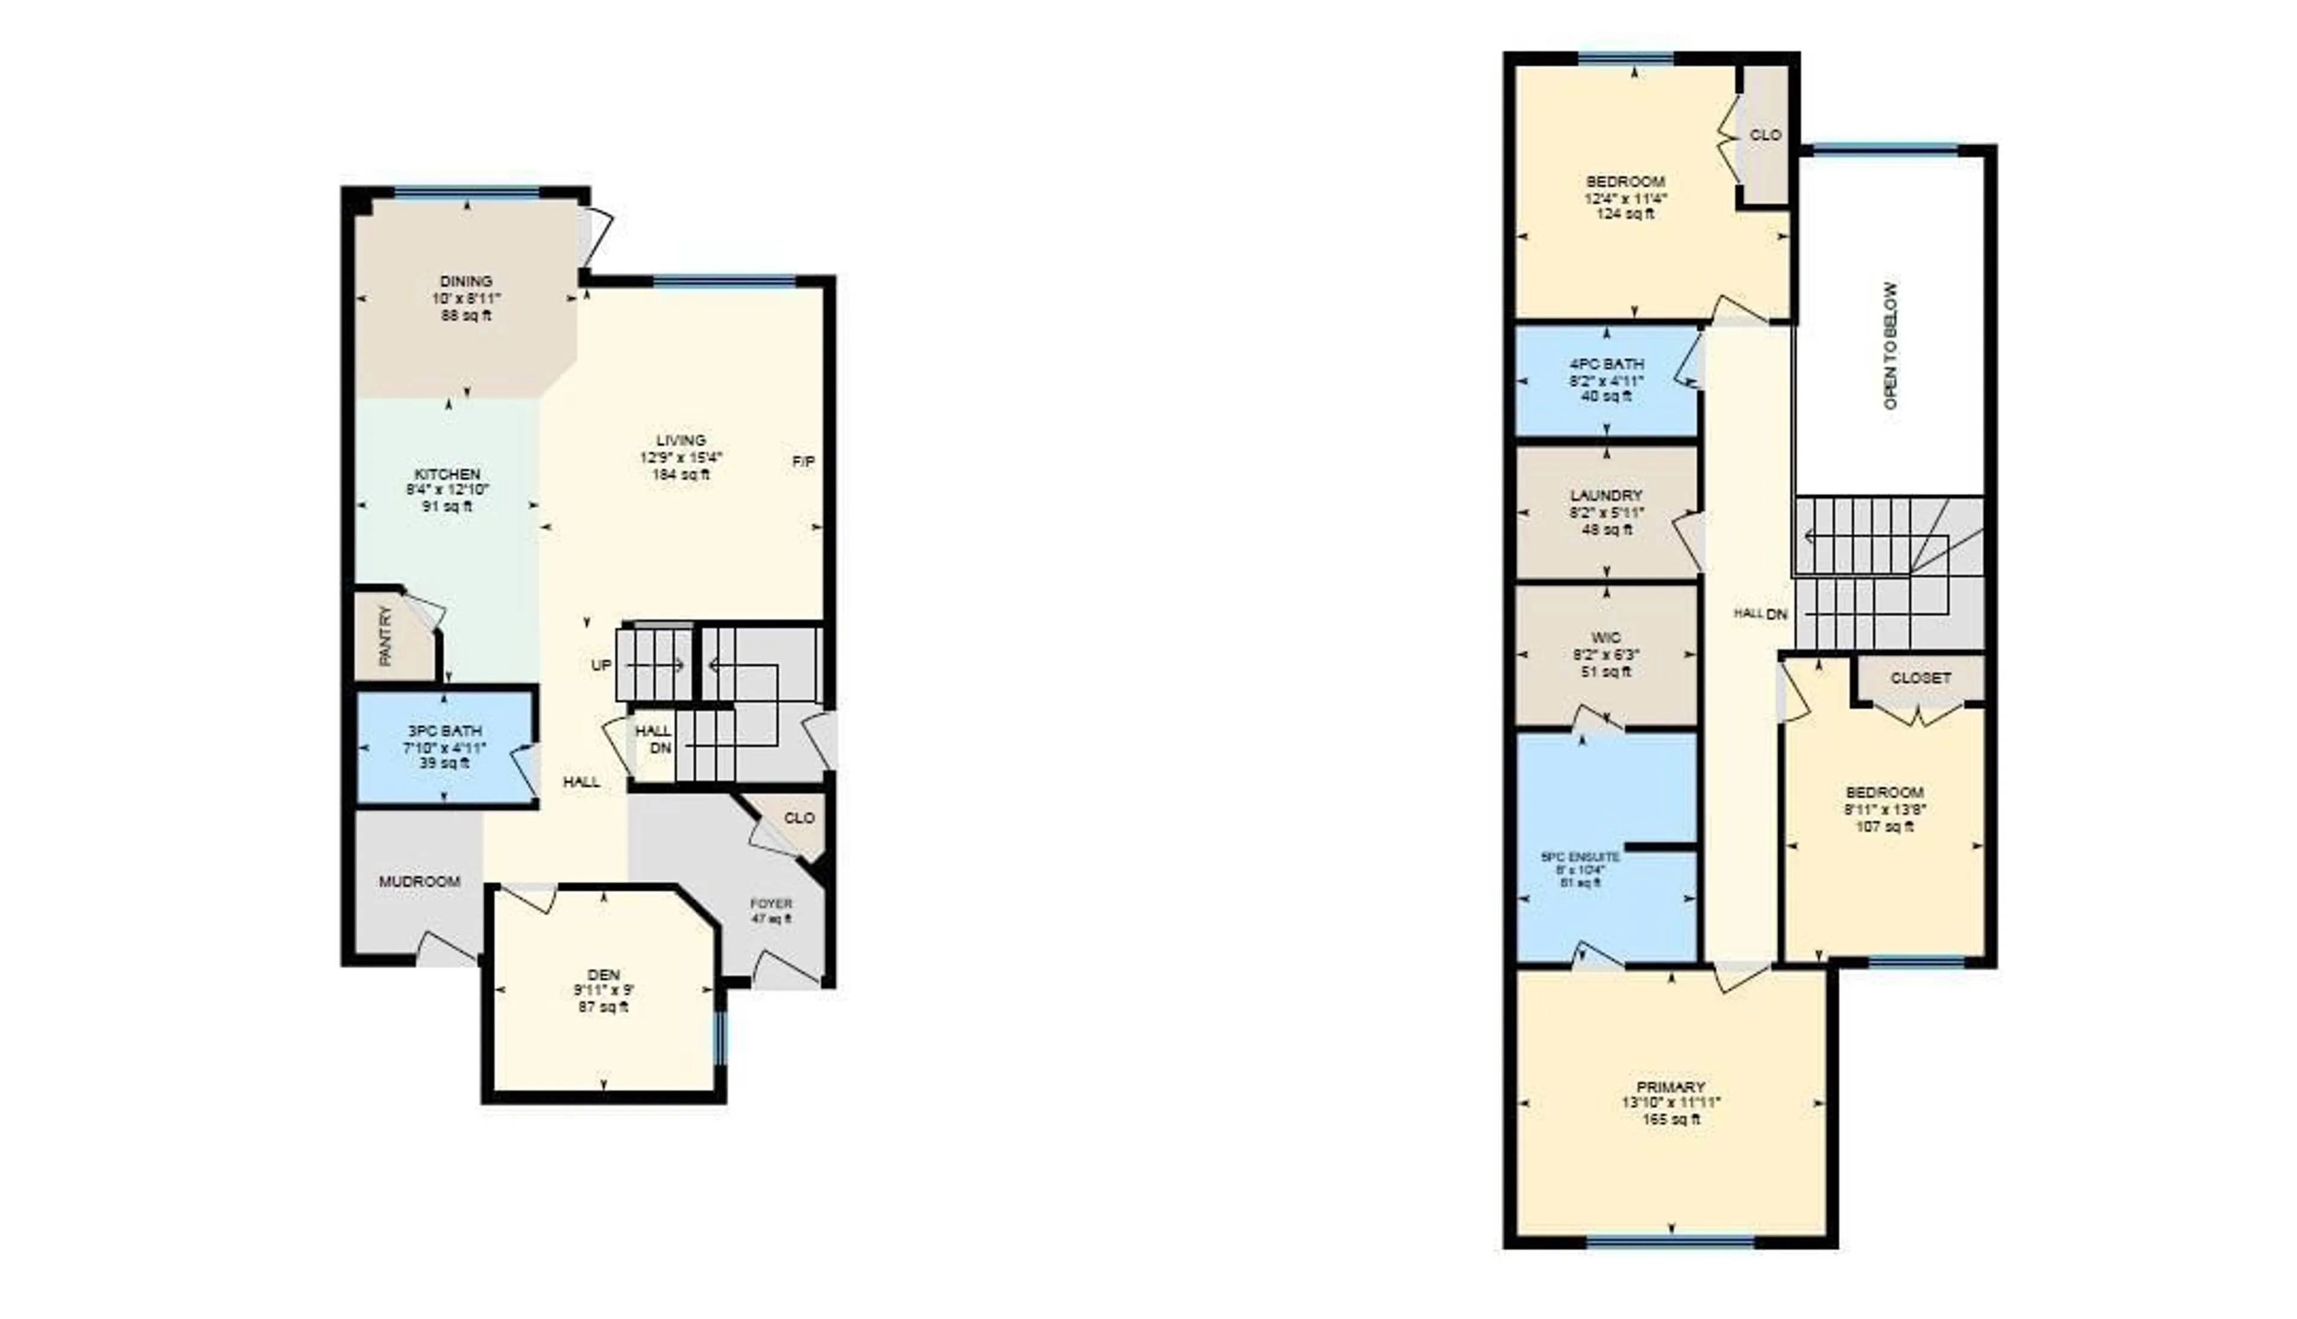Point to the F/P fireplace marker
pyautogui.click(x=803, y=462)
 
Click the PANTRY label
pyautogui.click(x=386, y=636)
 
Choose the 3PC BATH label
pyautogui.click(x=444, y=731)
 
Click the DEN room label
pyautogui.click(x=603, y=975)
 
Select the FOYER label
pyautogui.click(x=771, y=903)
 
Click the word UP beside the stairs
pyautogui.click(x=601, y=665)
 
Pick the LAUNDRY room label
pyautogui.click(x=1606, y=495)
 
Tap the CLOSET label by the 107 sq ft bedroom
pyautogui.click(x=1920, y=678)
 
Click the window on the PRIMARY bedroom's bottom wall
pyautogui.click(x=1670, y=1241)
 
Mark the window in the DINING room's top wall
pyautogui.click(x=467, y=192)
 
